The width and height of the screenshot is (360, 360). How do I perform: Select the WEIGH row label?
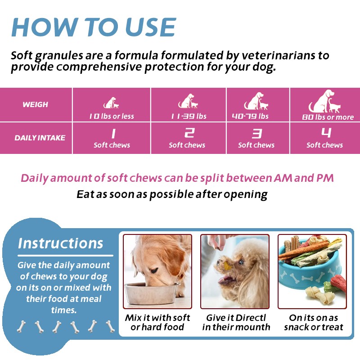pyautogui.click(x=35, y=104)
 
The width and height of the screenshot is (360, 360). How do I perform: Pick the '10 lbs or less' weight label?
pyautogui.click(x=112, y=117)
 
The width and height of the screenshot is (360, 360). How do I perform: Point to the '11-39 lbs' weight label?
pyautogui.click(x=189, y=117)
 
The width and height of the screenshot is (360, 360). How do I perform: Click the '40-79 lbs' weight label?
pyautogui.click(x=250, y=116)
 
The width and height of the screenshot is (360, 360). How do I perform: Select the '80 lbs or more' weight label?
pyautogui.click(x=328, y=117)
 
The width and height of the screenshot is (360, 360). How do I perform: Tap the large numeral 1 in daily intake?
pyautogui.click(x=113, y=133)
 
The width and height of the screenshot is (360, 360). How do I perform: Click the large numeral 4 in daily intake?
pyautogui.click(x=326, y=133)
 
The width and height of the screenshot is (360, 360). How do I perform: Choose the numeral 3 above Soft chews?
pyautogui.click(x=256, y=133)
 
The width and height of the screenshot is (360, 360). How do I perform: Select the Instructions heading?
pyautogui.click(x=61, y=243)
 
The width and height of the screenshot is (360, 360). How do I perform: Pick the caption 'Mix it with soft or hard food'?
pyautogui.click(x=157, y=322)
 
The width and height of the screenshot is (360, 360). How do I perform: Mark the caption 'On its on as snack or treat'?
pyautogui.click(x=314, y=322)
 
